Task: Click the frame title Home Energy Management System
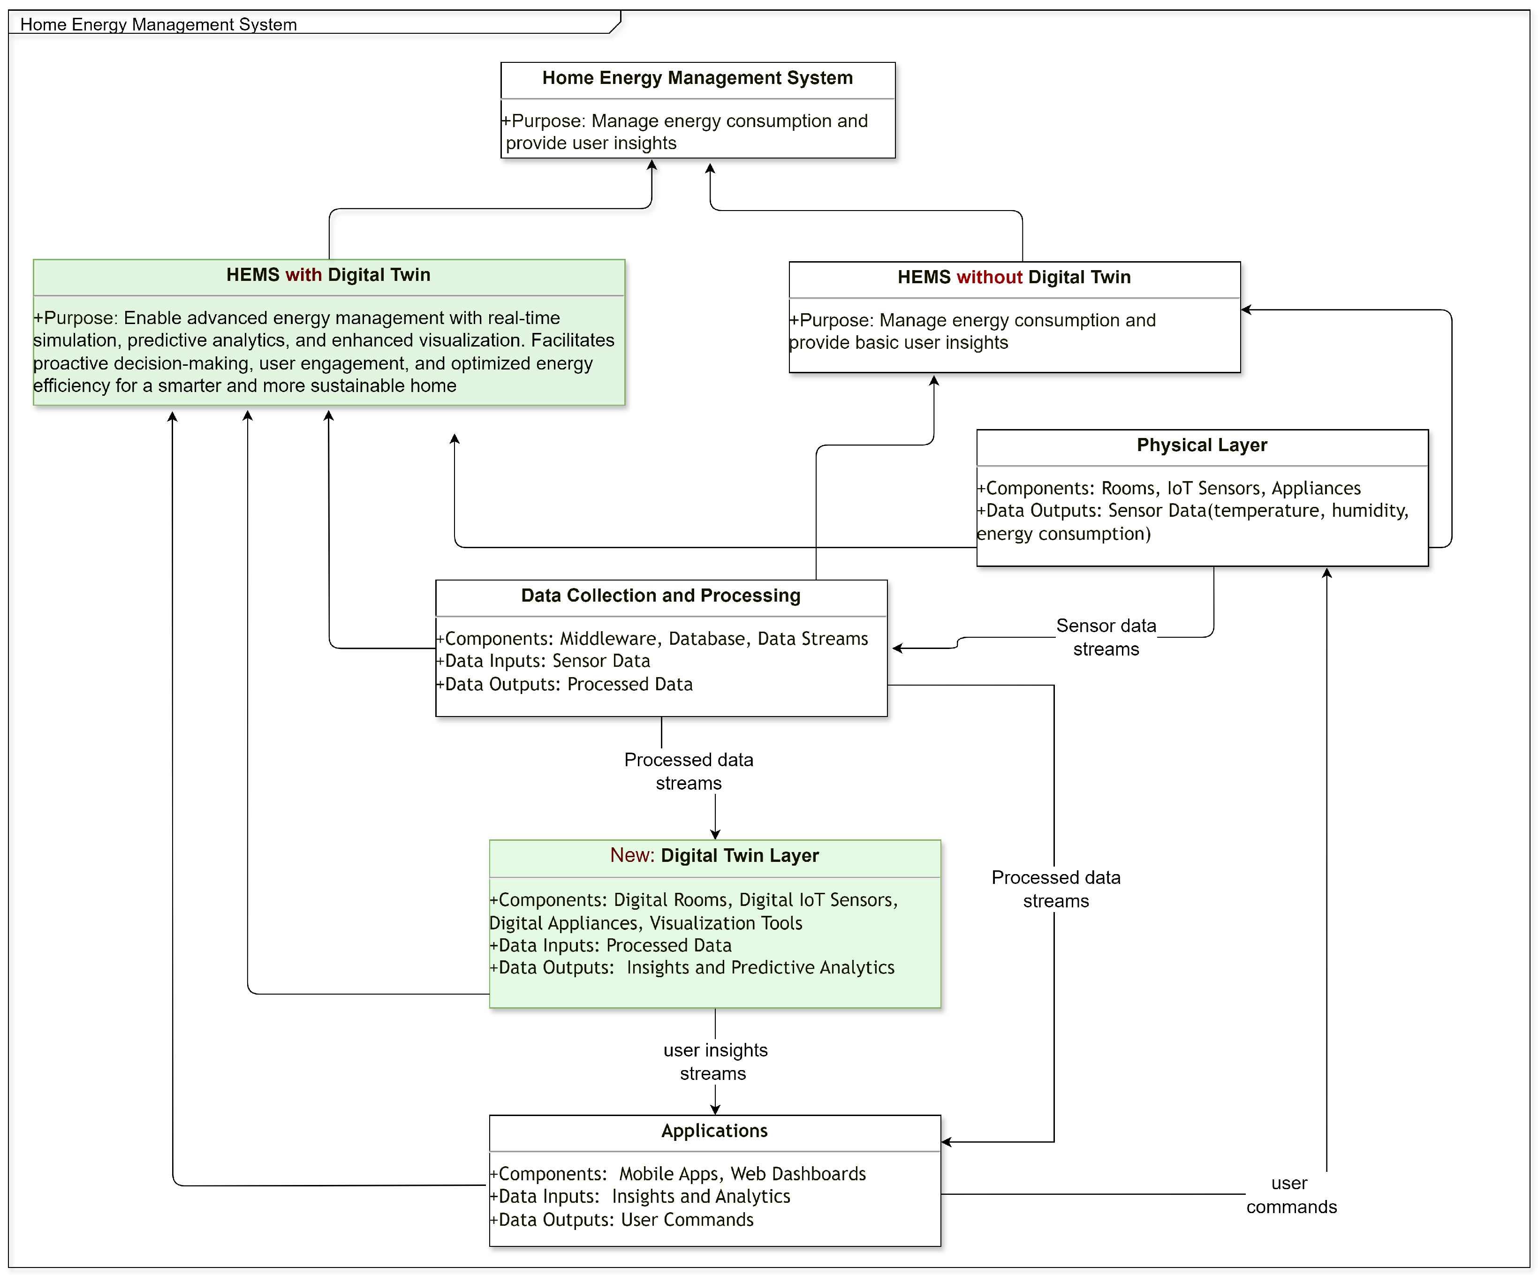coord(158,24)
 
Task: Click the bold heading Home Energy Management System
coord(697,78)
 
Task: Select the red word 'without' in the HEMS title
coord(989,277)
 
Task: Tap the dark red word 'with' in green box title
coord(303,275)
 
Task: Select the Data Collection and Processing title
coord(660,596)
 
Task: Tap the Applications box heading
coord(714,1131)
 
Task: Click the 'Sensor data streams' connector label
coord(1106,637)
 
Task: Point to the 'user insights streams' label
coord(715,1062)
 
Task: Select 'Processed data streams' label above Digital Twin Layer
coord(689,771)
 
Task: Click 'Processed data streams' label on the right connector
coord(1055,889)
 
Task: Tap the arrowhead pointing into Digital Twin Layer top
coord(715,835)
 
